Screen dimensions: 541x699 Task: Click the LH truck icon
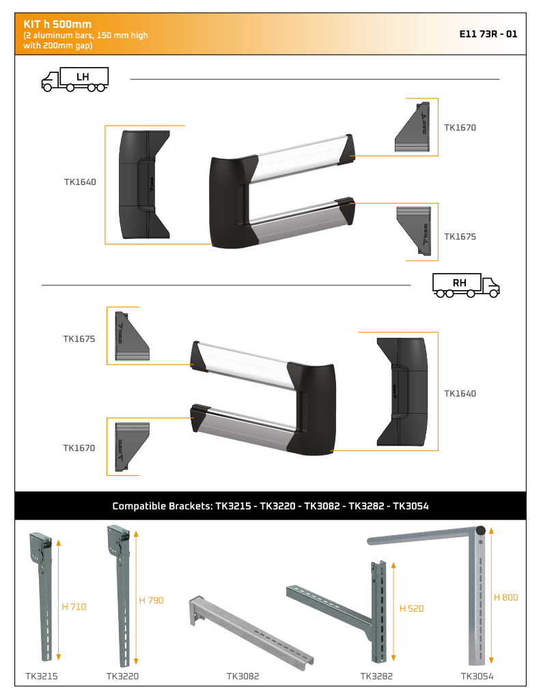tap(75, 80)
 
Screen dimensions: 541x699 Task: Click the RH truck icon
tap(466, 285)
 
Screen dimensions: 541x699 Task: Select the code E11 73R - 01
tap(488, 34)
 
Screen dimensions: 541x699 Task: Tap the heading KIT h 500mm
tap(57, 24)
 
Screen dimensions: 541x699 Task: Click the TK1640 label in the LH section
tap(80, 182)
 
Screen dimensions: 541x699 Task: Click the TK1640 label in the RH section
tap(460, 394)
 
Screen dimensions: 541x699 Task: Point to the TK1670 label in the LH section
tap(460, 128)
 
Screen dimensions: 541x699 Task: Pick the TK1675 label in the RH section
tap(79, 339)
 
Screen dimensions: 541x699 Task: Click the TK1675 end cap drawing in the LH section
tap(414, 231)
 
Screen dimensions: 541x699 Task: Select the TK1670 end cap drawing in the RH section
tap(132, 446)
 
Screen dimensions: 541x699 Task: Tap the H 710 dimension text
tap(74, 607)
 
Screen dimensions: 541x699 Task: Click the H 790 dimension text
tap(151, 601)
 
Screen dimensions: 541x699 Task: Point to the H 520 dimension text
tap(411, 608)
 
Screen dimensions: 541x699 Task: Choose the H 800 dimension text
tap(505, 597)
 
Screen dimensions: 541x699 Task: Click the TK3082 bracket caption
tap(242, 676)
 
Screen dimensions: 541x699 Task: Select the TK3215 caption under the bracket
tap(42, 676)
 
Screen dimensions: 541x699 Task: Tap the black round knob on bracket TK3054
tap(480, 531)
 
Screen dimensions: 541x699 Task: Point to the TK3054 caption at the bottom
tap(477, 676)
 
